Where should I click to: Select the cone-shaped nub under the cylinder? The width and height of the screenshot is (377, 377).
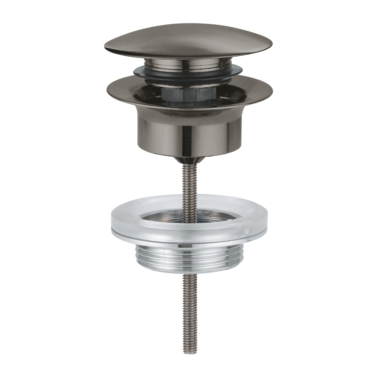click(188, 159)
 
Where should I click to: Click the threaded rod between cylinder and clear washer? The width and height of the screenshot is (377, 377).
click(188, 181)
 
